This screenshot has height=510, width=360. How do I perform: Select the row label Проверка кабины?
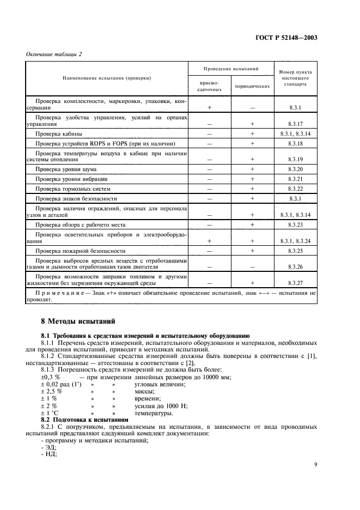click(59, 133)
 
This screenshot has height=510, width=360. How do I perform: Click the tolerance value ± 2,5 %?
click(52, 392)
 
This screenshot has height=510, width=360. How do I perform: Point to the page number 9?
click(315, 465)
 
